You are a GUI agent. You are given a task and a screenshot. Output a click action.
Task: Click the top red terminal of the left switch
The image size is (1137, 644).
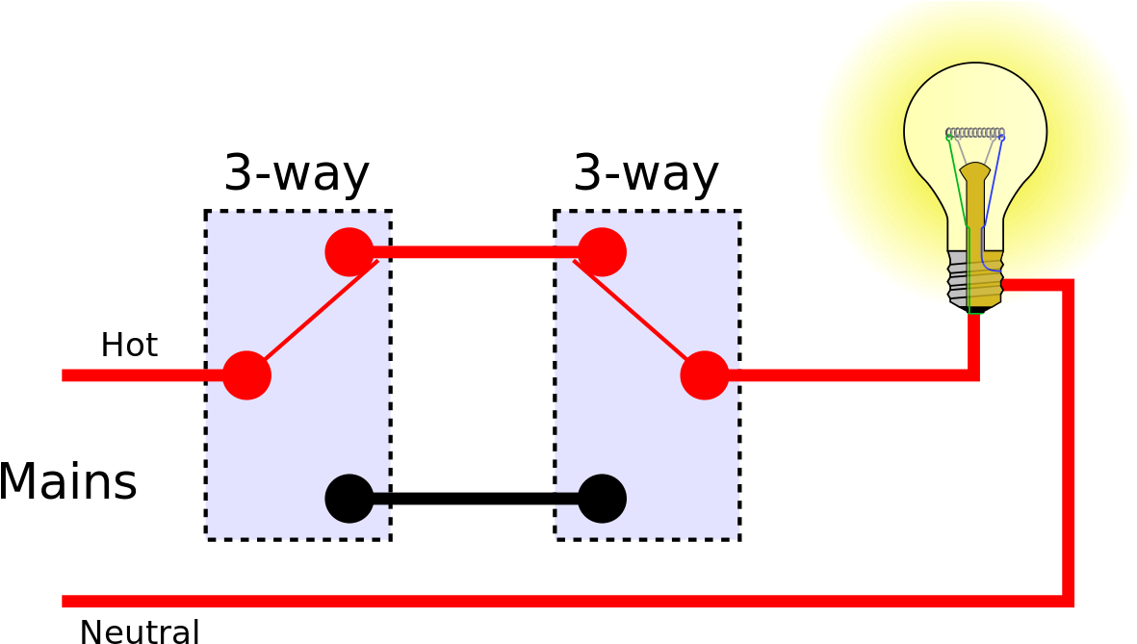(349, 252)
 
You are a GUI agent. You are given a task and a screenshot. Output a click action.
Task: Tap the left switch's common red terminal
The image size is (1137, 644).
(246, 375)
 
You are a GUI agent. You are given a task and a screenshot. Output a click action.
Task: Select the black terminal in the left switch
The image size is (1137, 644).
(349, 499)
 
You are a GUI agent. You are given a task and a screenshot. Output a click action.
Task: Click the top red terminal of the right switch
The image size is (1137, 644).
(602, 252)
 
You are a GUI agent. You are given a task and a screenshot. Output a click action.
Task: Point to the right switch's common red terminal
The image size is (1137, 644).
(705, 375)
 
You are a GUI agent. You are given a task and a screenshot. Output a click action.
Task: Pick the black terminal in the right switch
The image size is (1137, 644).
(602, 499)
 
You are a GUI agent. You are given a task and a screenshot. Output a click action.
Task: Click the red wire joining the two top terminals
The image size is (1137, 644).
(476, 252)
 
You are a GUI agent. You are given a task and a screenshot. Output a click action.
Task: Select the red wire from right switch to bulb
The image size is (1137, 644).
(847, 375)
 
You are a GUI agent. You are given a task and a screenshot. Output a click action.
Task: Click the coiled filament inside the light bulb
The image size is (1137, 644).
(975, 133)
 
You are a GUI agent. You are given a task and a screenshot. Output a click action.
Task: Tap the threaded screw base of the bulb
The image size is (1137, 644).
(975, 279)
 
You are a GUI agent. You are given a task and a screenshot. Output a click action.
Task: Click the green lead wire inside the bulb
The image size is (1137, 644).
(958, 183)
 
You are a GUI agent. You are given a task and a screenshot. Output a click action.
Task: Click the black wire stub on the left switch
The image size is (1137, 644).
(381, 499)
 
